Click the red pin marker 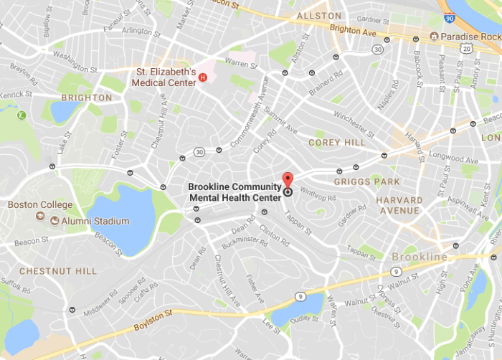coord(288,179)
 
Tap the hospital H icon coord(203,77)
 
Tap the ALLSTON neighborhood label coord(319,16)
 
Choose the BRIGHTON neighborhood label coord(87,98)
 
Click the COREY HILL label coord(336,143)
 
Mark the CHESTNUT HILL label coord(47,271)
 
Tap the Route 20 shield coord(467,49)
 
